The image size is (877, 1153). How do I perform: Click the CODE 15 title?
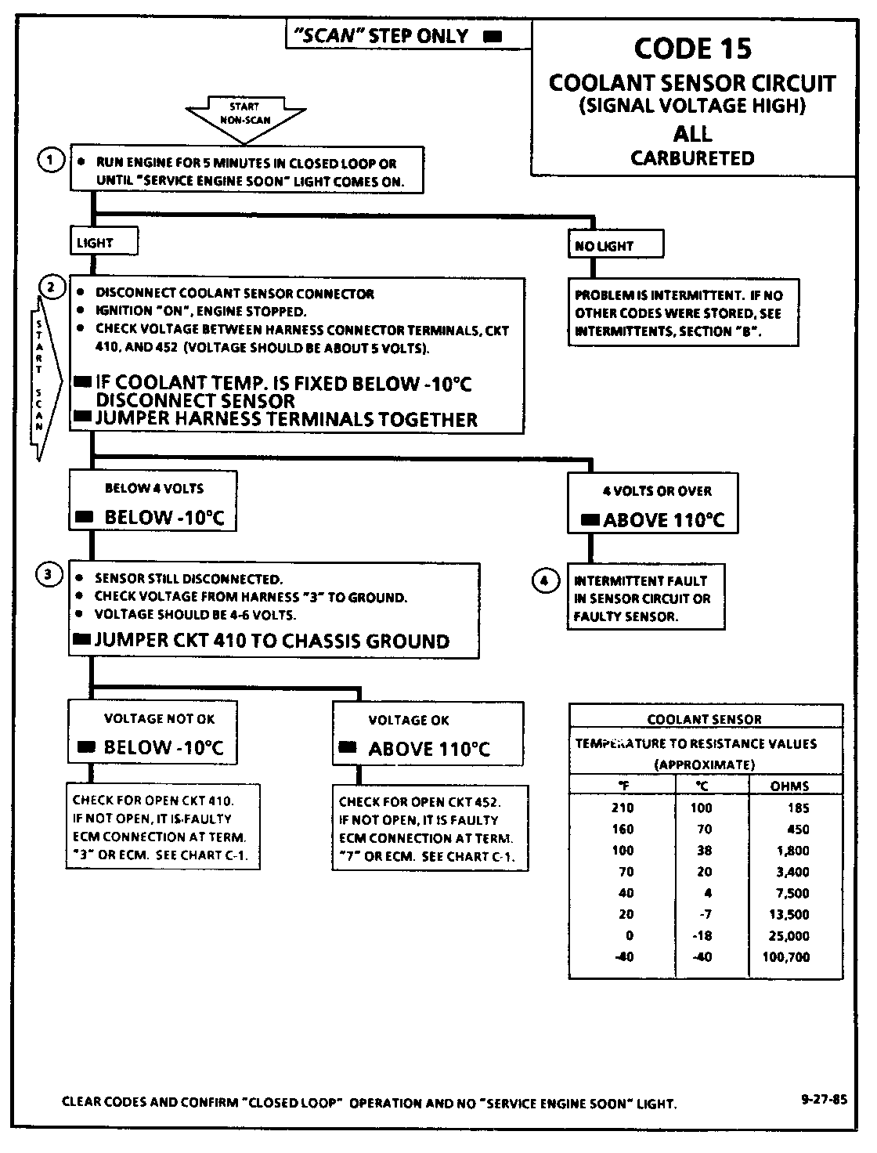point(692,49)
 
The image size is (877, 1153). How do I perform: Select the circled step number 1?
point(50,161)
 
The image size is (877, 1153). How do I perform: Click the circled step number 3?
point(49,575)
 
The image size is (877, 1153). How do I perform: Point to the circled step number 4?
point(545,580)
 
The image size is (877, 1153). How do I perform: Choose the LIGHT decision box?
point(103,243)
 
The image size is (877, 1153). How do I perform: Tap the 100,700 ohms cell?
point(785,956)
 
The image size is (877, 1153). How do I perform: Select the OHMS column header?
point(789,786)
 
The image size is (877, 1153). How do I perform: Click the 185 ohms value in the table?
point(798,808)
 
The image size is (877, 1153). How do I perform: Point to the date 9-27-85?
point(824,1098)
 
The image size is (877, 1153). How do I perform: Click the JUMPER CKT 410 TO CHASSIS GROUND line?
point(272,641)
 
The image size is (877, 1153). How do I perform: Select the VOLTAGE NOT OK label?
point(159,718)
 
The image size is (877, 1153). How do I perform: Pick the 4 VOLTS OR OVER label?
point(656,491)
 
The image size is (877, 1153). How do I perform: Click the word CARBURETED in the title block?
point(692,158)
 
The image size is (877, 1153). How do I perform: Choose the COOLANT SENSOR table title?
point(704,719)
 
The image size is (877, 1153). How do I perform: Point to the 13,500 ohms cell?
point(785,914)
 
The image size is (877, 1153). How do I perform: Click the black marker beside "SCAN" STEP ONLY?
point(493,36)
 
